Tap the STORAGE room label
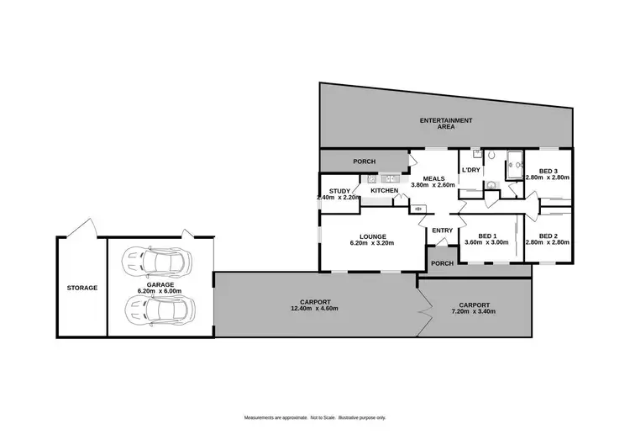tap(82, 288)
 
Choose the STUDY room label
tap(339, 191)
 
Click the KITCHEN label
tap(384, 191)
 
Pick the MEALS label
tap(433, 178)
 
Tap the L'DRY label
tap(470, 172)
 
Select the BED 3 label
tap(548, 171)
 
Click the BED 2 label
tap(548, 236)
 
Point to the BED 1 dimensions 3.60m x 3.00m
tap(487, 242)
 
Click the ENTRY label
tap(441, 230)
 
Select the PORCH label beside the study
tap(364, 162)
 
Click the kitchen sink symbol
tap(390, 179)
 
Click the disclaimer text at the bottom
tap(314, 418)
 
